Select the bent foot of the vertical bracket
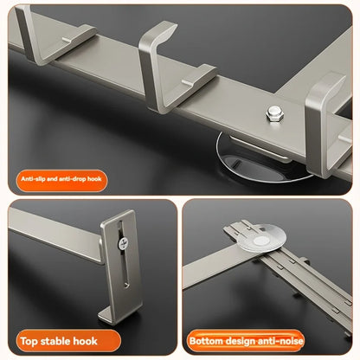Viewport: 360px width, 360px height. pos(116,311)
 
